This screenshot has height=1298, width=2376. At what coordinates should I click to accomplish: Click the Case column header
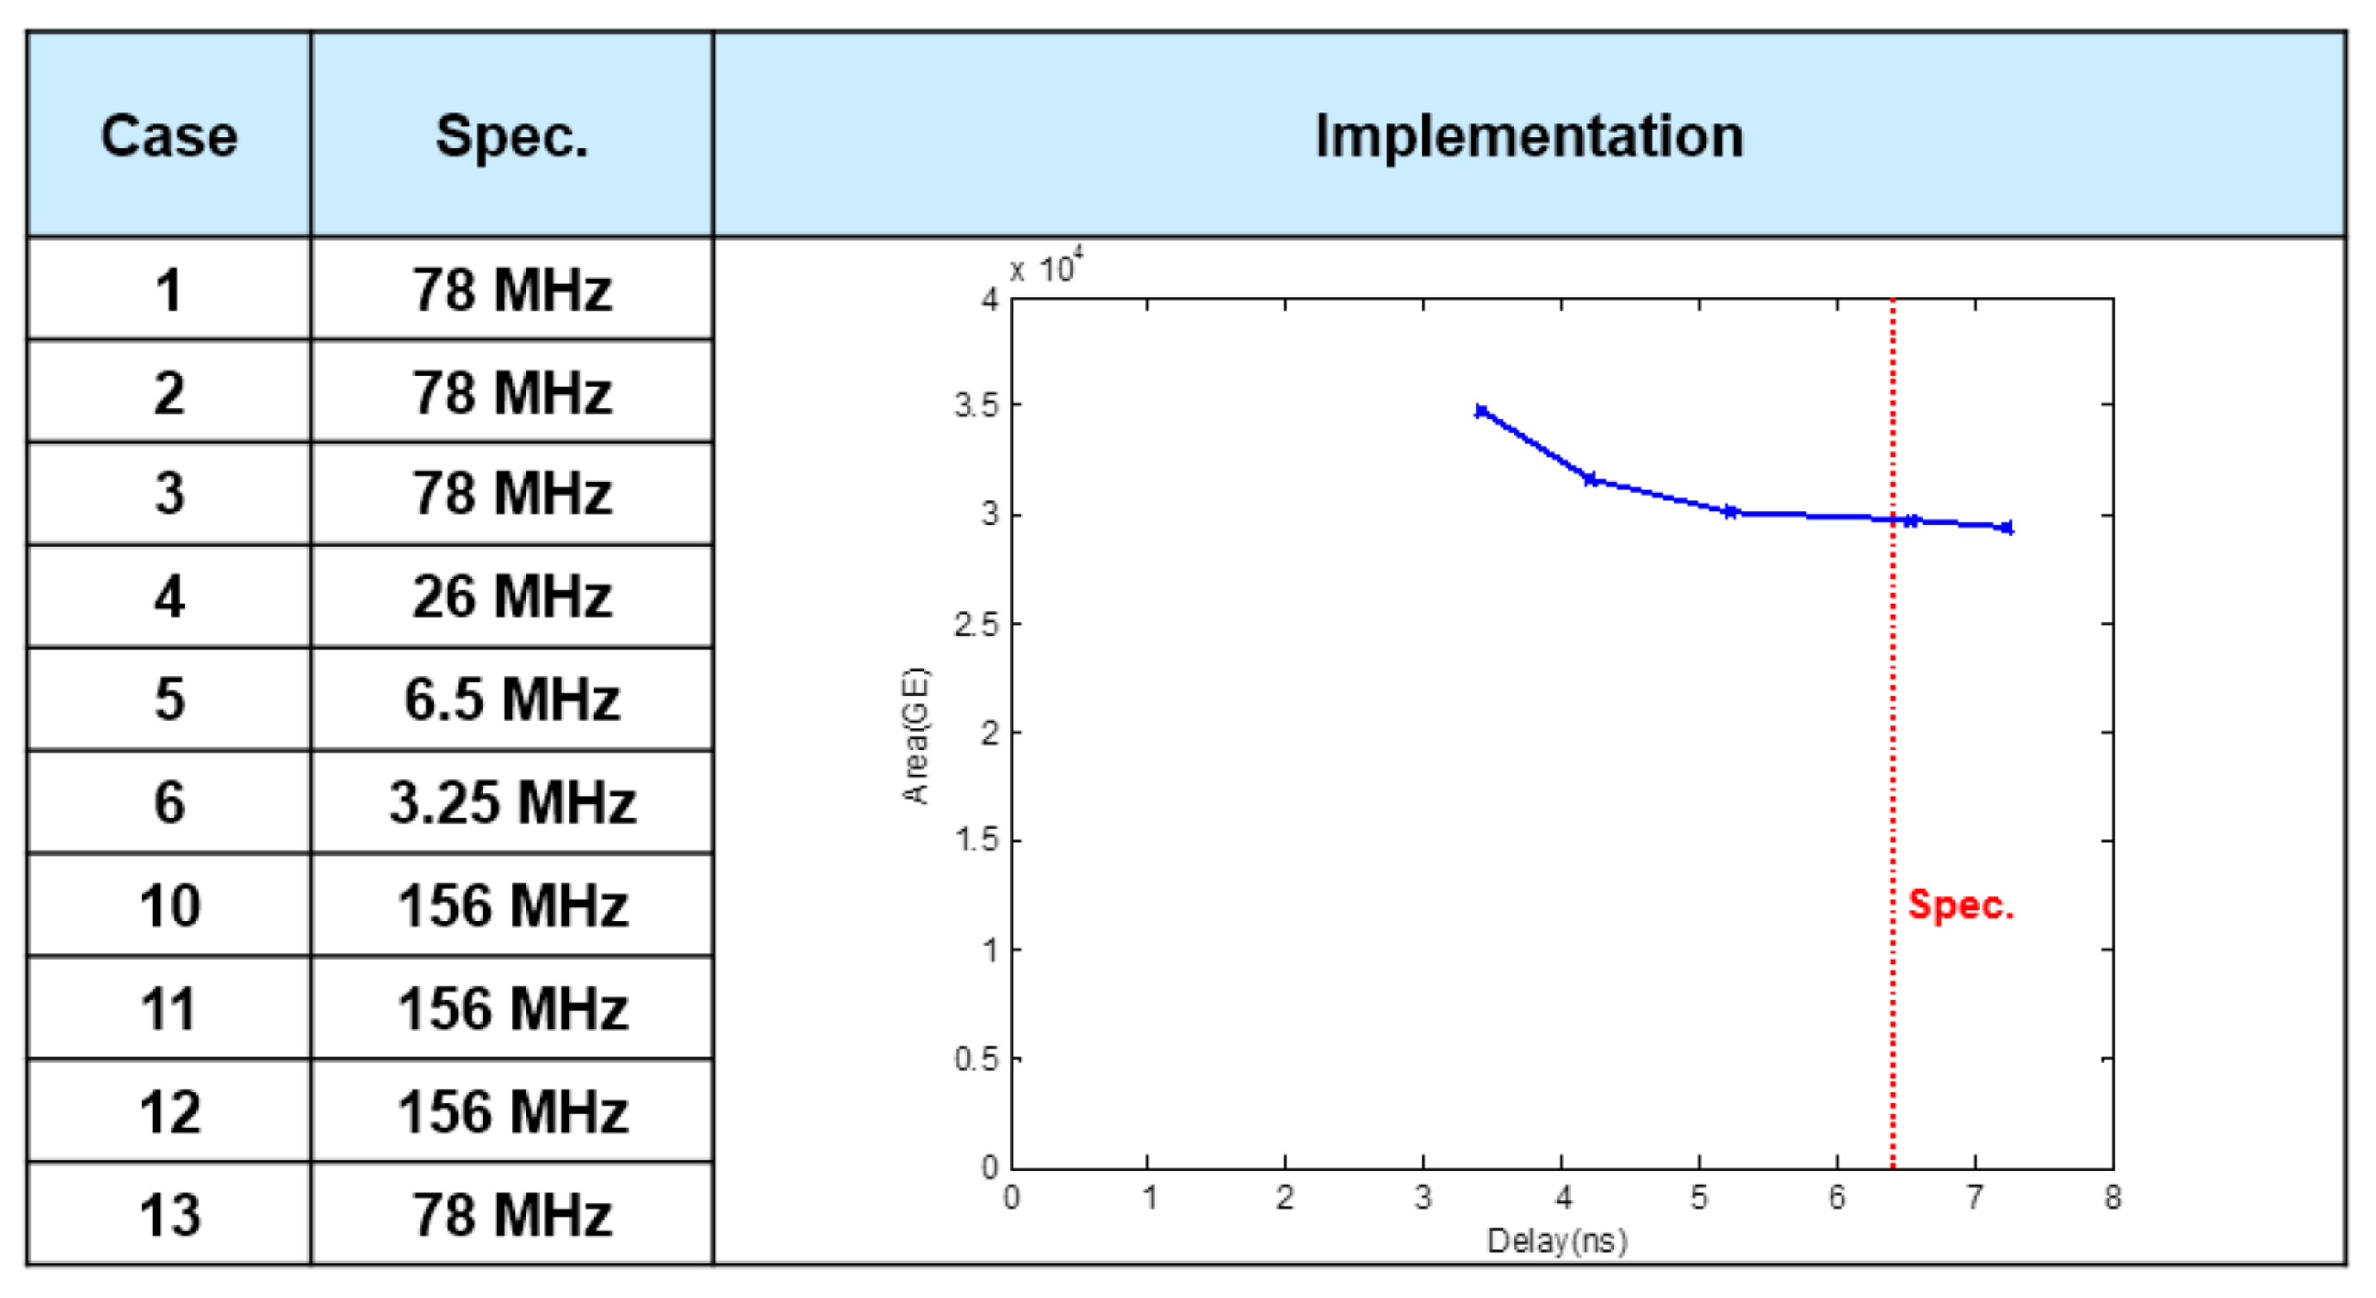[168, 136]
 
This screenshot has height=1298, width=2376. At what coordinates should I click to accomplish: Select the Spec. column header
[511, 136]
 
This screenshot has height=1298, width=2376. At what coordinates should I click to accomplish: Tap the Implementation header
[1529, 136]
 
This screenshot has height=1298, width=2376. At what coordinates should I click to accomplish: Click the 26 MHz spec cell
[511, 596]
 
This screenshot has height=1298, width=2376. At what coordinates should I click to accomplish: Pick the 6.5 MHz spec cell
[511, 699]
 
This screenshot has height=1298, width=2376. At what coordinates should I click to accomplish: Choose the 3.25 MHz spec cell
[511, 802]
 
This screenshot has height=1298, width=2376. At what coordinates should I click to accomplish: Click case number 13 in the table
[168, 1214]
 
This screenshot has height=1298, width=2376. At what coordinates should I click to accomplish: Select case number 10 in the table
[168, 906]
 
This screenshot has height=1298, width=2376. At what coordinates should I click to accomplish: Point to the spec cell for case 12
[511, 1110]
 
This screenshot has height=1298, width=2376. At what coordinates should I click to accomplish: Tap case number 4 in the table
[168, 596]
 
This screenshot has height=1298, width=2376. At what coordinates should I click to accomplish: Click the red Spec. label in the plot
[1960, 905]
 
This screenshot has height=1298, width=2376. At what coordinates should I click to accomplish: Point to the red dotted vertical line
[1893, 737]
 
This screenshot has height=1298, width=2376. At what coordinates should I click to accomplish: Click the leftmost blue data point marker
[1481, 411]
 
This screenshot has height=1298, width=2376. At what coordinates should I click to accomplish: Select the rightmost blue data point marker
[2008, 527]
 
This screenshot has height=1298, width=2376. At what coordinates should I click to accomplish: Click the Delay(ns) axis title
[1557, 1241]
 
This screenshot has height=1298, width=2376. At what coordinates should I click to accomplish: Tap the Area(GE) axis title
[916, 735]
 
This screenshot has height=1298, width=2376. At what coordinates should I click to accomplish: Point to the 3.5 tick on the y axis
[976, 405]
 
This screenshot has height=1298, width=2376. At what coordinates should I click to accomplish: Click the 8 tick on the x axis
[2113, 1197]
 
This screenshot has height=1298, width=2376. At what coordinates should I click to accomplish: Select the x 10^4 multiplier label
[1046, 268]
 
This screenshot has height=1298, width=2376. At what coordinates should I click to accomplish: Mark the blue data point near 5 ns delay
[1730, 511]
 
